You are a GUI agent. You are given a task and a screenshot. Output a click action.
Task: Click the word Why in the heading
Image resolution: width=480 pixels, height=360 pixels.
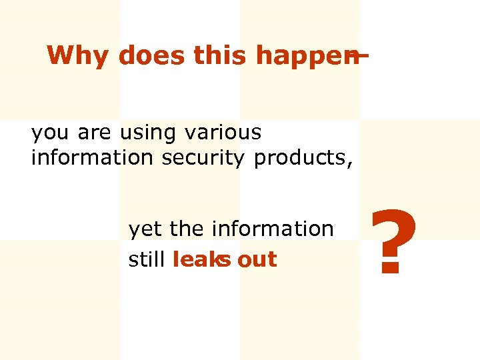(x=79, y=56)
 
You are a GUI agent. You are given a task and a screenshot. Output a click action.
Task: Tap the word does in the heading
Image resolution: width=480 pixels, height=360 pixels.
(x=152, y=56)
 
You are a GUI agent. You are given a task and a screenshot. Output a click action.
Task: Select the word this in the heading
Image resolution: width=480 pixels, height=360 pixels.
(x=221, y=56)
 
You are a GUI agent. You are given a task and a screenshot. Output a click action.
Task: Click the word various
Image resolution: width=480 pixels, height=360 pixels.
(x=223, y=133)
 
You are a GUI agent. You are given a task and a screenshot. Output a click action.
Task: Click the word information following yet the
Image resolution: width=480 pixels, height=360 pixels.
(x=273, y=229)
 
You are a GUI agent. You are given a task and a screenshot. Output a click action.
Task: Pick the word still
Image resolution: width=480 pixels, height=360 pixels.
(x=147, y=259)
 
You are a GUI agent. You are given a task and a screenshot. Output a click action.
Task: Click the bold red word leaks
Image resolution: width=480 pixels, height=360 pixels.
(x=201, y=259)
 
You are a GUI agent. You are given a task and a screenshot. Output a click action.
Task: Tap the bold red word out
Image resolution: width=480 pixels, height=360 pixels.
(x=257, y=260)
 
